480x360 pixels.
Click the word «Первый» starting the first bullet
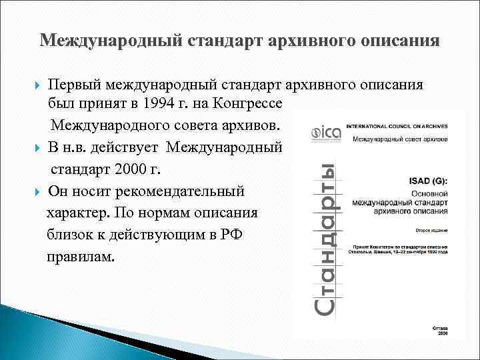coord(75,85)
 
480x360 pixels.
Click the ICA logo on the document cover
coord(326,133)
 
